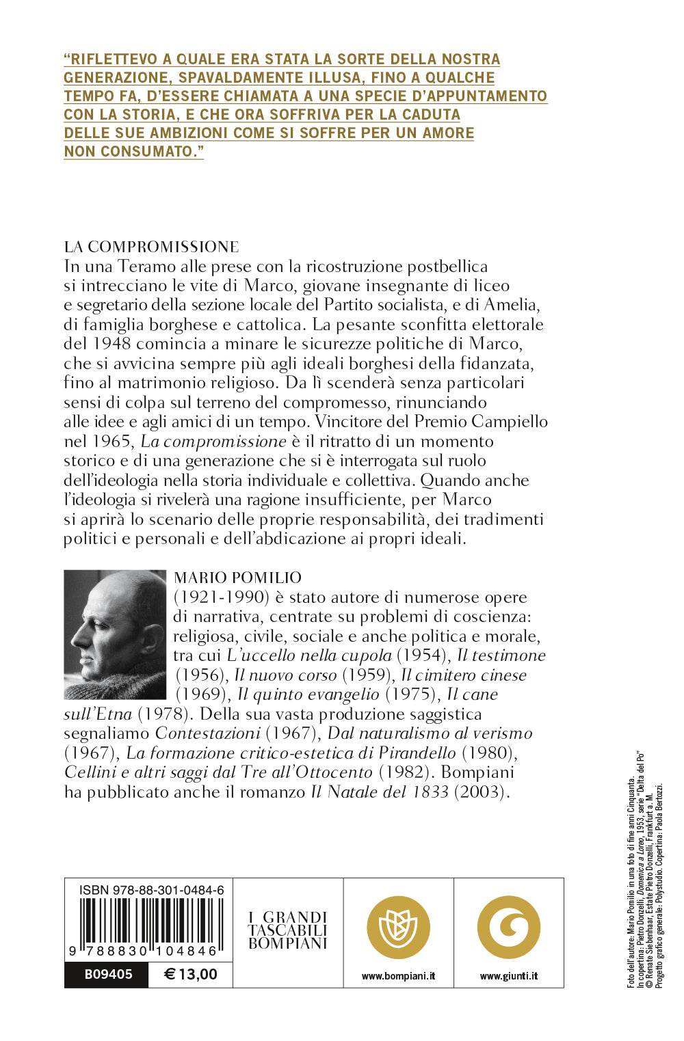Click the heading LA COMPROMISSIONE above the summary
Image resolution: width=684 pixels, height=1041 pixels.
pyautogui.click(x=151, y=247)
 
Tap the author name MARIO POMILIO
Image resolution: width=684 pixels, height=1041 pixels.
pyautogui.click(x=237, y=578)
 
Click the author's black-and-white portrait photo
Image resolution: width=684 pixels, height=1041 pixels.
pyautogui.click(x=115, y=634)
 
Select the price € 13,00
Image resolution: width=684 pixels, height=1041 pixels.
pyautogui.click(x=191, y=974)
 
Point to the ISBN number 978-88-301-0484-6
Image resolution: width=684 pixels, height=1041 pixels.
pyautogui.click(x=151, y=890)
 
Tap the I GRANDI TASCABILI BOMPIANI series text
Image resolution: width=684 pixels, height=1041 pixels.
pyautogui.click(x=288, y=930)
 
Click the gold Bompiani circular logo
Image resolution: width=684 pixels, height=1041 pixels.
pyautogui.click(x=398, y=927)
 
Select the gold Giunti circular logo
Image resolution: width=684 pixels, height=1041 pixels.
pyautogui.click(x=509, y=927)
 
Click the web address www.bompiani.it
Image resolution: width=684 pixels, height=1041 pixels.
pyautogui.click(x=398, y=976)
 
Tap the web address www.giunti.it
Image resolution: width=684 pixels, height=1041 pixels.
pyautogui.click(x=509, y=976)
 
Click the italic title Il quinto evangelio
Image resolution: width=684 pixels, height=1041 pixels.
pyautogui.click(x=308, y=694)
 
